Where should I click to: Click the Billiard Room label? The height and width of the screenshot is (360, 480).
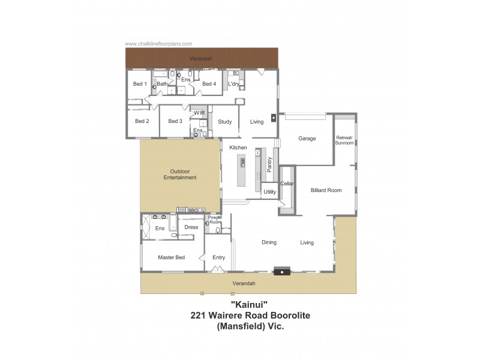[x=326, y=190]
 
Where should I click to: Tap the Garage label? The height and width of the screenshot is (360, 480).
[x=307, y=139]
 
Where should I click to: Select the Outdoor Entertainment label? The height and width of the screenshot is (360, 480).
[x=180, y=175]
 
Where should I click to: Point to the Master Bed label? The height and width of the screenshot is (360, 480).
[x=171, y=257]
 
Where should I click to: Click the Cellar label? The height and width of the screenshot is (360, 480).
[x=287, y=184]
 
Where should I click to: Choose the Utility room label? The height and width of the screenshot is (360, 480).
[x=270, y=192]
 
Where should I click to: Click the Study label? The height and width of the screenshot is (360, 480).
[x=224, y=122]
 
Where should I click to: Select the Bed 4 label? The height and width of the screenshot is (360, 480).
[x=209, y=84]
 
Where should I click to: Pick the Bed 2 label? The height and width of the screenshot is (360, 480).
[x=142, y=121]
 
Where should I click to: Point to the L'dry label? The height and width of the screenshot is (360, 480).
[x=234, y=84]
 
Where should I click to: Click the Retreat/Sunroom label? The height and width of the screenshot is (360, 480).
[x=344, y=140]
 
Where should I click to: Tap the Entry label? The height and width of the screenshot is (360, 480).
[x=218, y=257]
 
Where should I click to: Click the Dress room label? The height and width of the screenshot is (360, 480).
[x=191, y=227]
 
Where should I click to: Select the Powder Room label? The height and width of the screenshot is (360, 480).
[x=215, y=220]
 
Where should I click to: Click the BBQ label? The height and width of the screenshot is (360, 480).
[x=193, y=211]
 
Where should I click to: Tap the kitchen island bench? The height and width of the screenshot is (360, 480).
[x=242, y=171]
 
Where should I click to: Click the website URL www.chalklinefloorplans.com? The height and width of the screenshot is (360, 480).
[x=158, y=44]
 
